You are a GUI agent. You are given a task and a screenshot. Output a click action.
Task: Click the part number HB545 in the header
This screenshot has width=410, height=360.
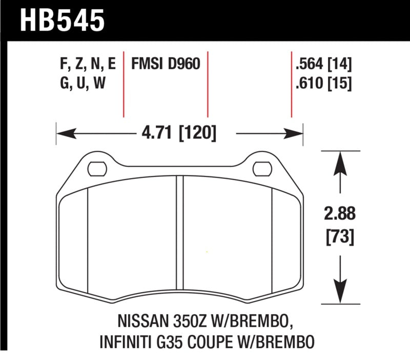(63, 22)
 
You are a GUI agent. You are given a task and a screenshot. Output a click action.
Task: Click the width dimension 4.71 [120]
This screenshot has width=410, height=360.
(180, 134)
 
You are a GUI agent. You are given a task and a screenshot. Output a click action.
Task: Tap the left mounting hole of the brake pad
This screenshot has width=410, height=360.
(96, 167)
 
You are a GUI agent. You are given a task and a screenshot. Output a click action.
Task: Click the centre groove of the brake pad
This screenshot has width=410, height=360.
(179, 236)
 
